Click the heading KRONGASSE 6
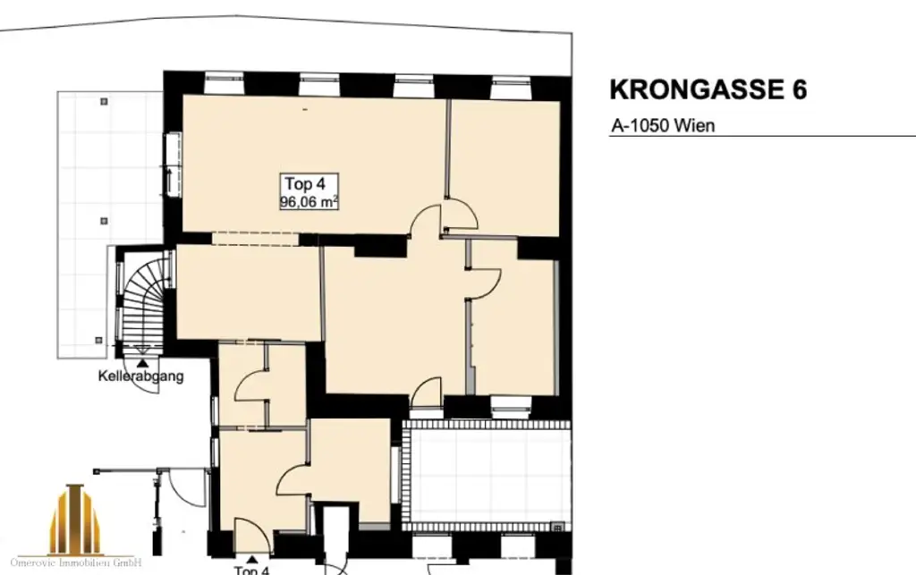click(708, 90)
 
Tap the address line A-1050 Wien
click(663, 126)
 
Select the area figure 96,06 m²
click(309, 202)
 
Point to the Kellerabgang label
click(140, 376)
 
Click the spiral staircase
click(143, 300)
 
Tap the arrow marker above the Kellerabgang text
click(144, 360)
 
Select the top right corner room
click(505, 165)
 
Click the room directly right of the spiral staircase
click(248, 292)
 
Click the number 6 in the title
click(798, 90)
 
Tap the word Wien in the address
click(696, 126)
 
